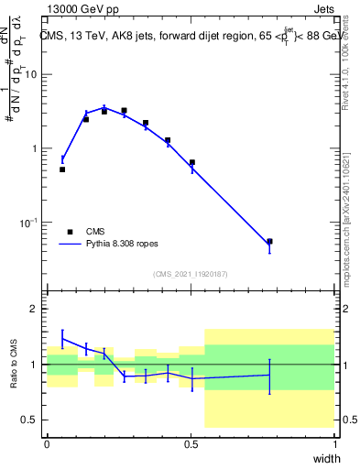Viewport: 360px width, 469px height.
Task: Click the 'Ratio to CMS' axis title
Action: coord(13,364)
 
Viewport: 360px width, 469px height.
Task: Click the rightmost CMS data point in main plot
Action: coord(269,242)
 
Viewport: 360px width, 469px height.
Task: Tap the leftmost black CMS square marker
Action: coord(62,169)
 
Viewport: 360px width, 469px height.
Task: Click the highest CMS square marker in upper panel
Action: coord(124,110)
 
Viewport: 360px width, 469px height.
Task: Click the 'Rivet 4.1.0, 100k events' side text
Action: coord(351,73)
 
